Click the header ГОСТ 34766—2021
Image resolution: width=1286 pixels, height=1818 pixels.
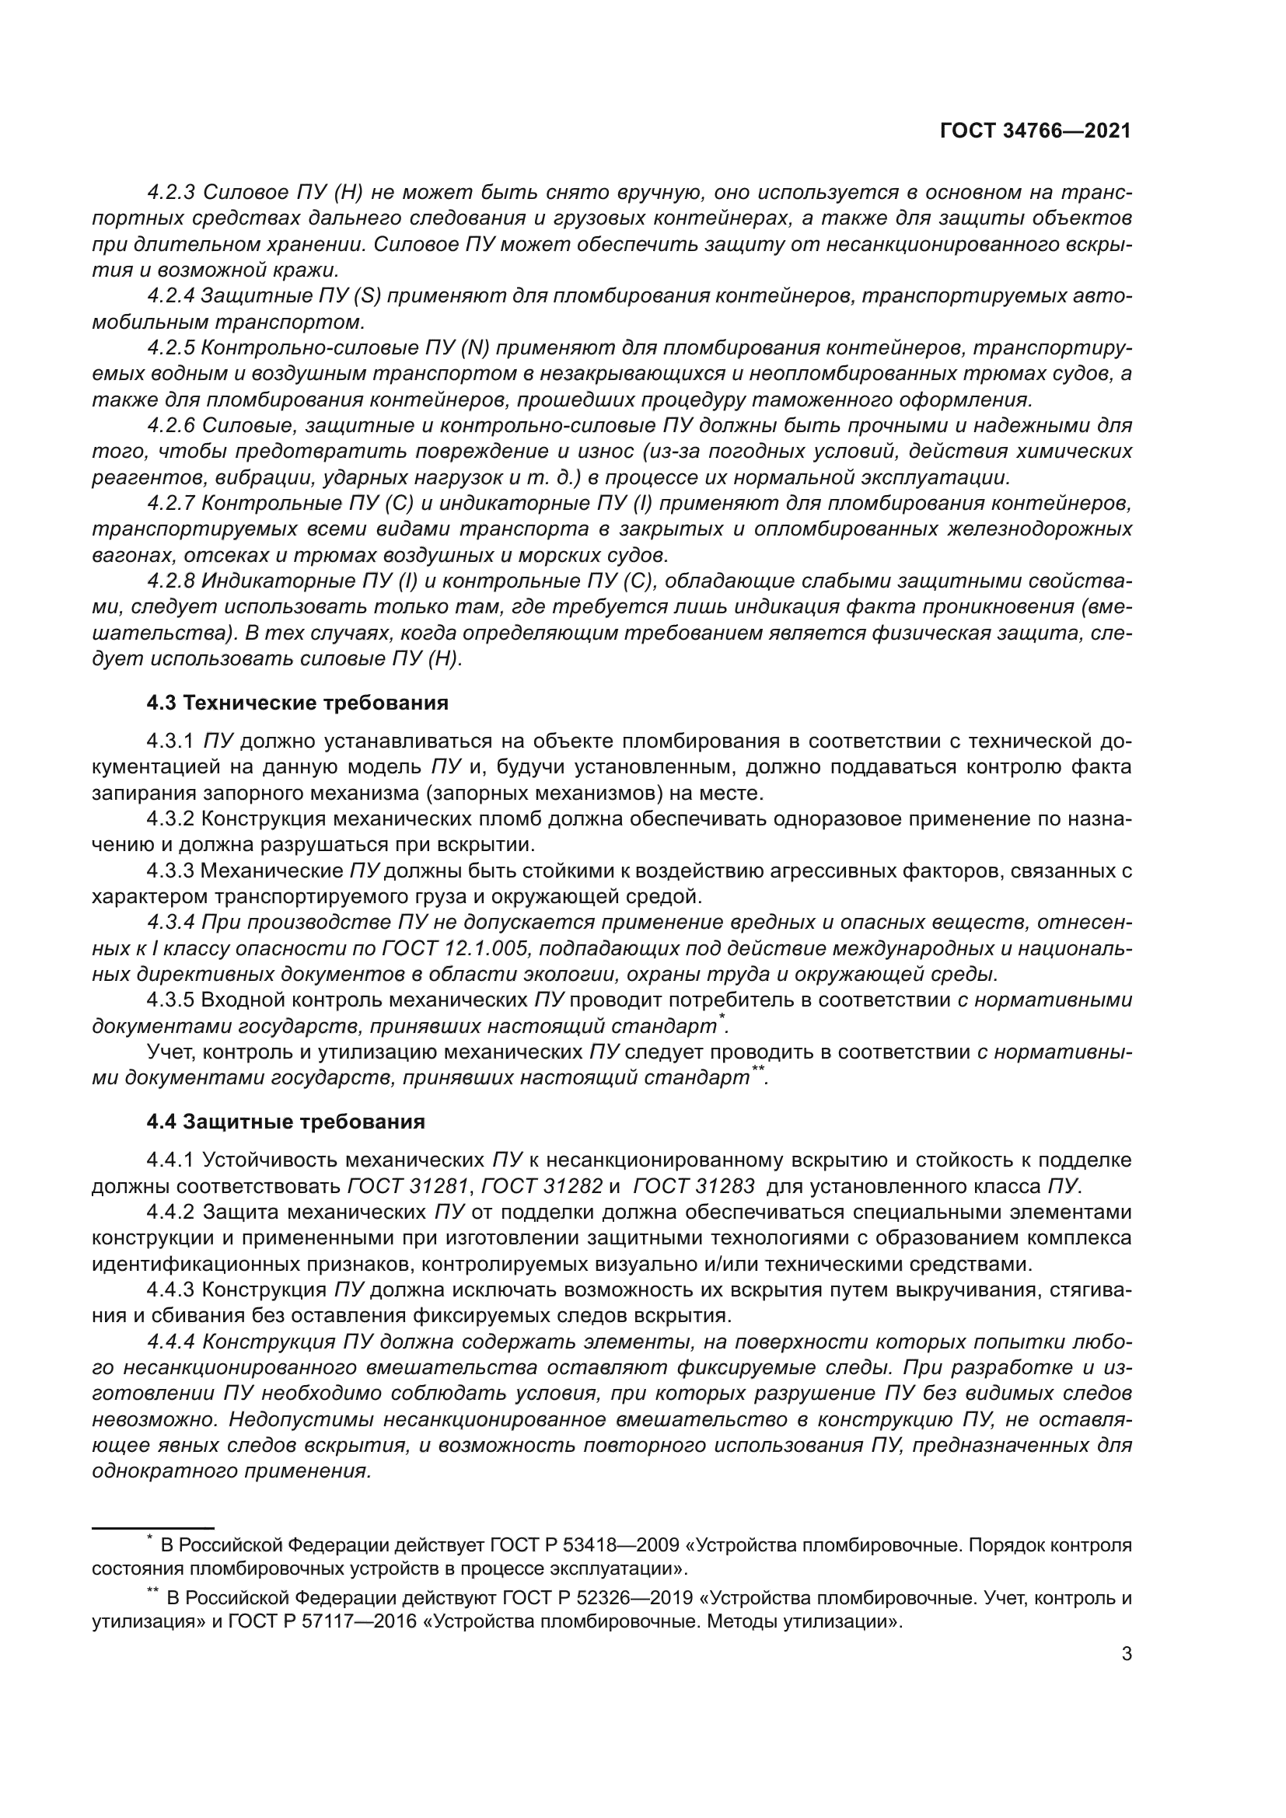tap(1035, 131)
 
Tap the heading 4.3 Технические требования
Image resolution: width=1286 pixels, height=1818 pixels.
tap(297, 703)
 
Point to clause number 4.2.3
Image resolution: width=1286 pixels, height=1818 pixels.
tap(171, 193)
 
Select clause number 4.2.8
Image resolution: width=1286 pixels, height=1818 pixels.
tap(171, 581)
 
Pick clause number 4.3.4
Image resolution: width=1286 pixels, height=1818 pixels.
tap(171, 923)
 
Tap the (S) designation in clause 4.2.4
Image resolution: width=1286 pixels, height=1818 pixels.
tap(370, 296)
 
